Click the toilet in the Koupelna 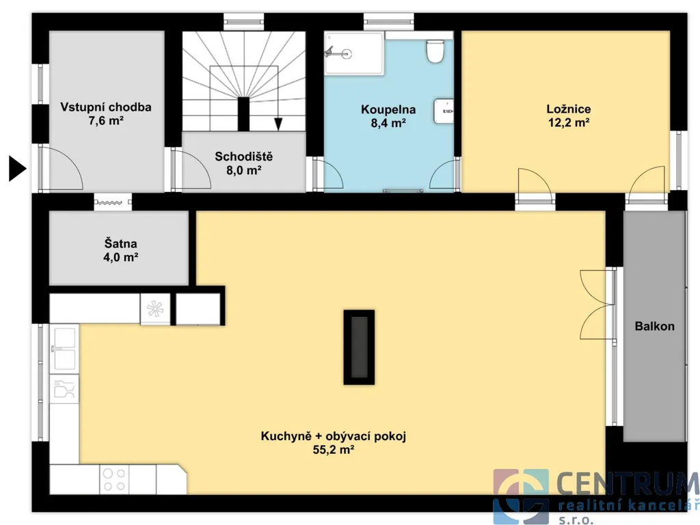pos(434,51)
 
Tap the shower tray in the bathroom pos(354,53)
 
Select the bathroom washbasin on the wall pos(444,111)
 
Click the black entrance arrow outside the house pos(17,168)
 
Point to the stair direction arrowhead pos(278,124)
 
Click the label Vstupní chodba pos(106,107)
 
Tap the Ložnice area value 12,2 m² pos(569,122)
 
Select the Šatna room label pos(120,244)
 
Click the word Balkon pos(654,326)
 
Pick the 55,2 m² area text pos(334,450)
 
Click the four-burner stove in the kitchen pos(114,479)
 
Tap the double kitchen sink pos(64,349)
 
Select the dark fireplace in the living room pos(359,347)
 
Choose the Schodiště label pos(243,157)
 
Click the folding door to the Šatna pos(113,202)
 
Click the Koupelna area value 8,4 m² pos(388,123)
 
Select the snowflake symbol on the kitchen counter pos(155,308)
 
